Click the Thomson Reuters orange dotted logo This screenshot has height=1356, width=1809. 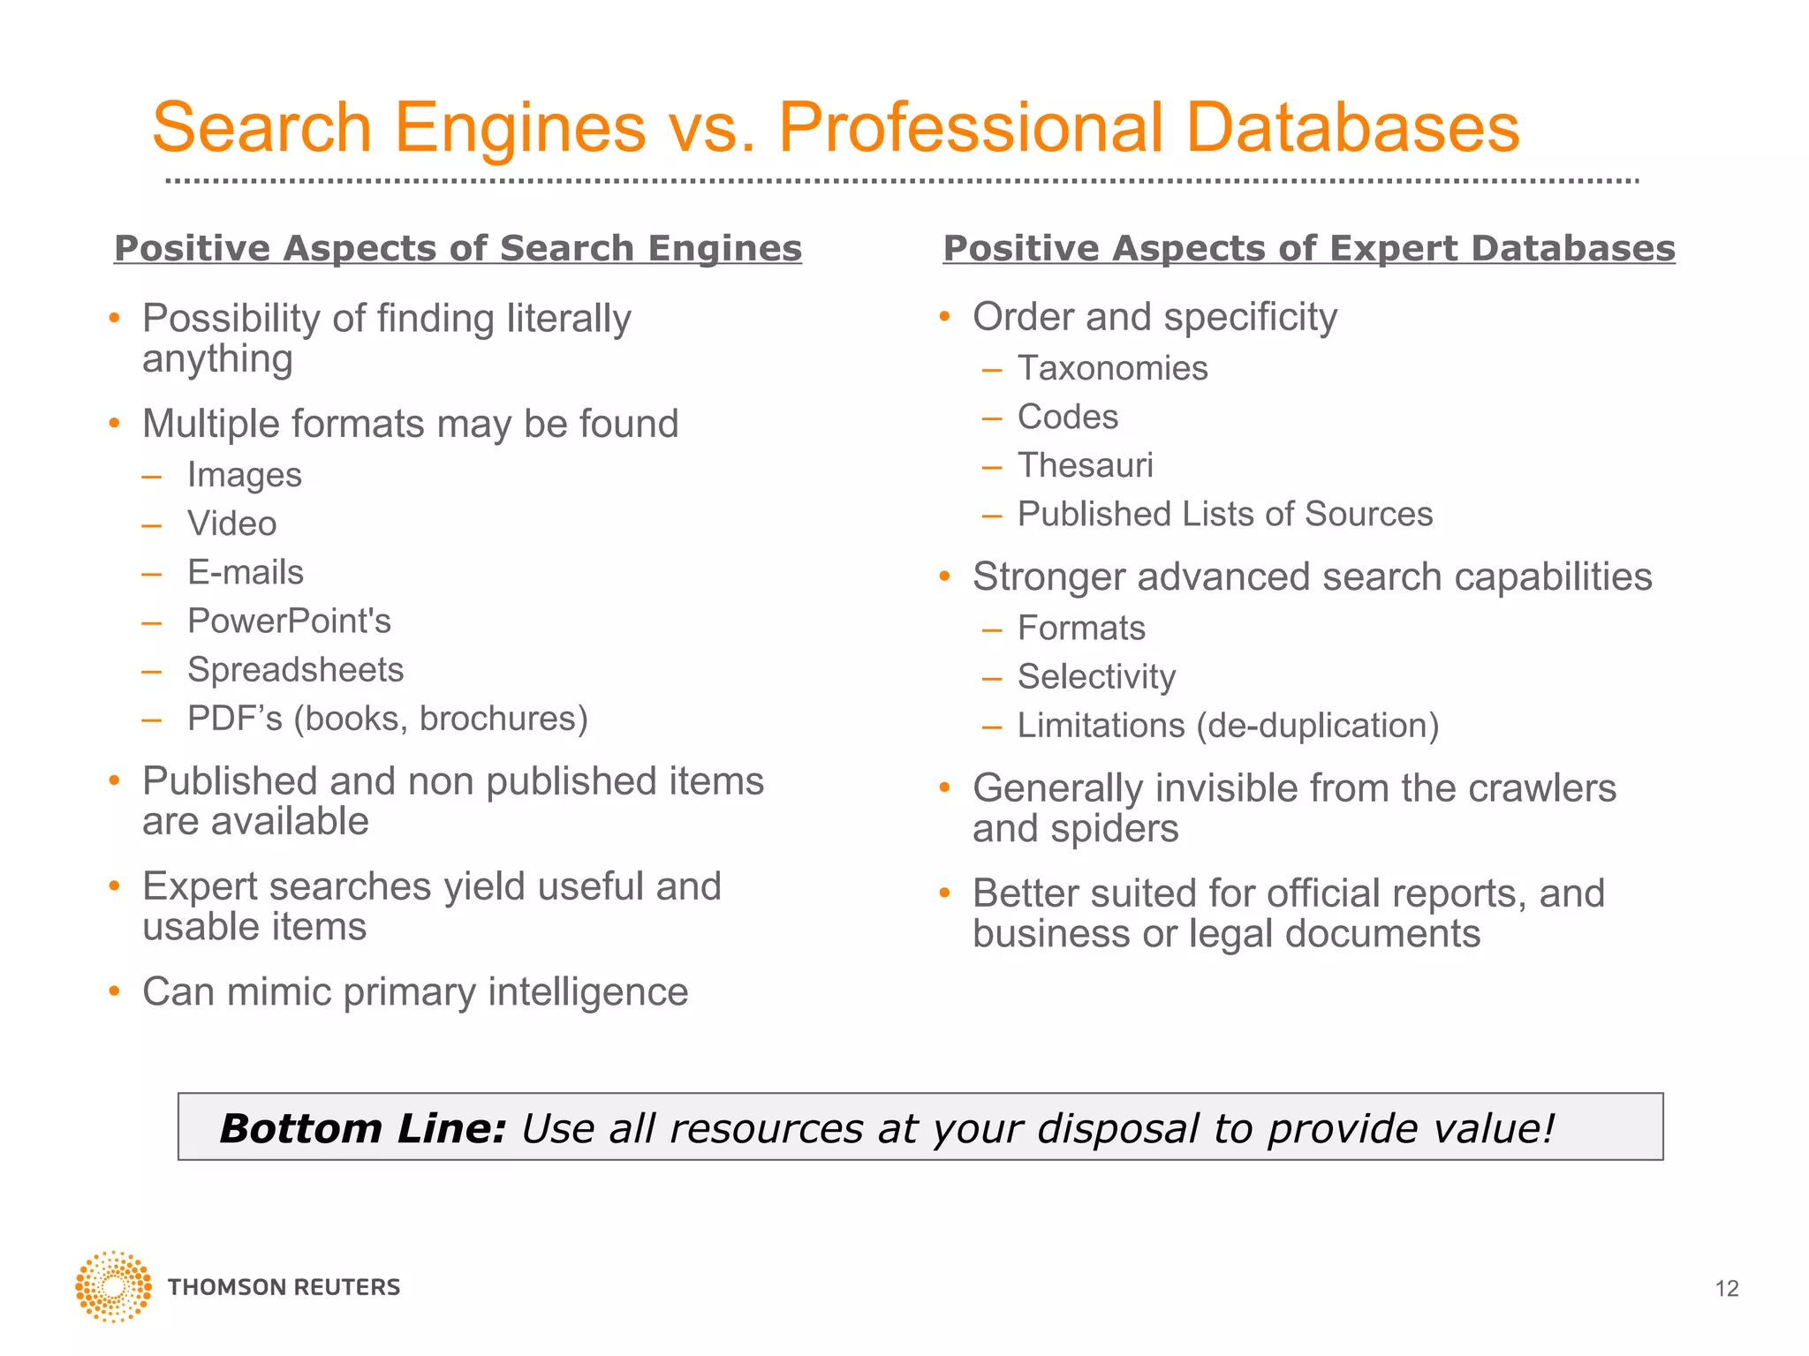[x=113, y=1286]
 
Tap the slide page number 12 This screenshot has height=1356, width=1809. [x=1726, y=1289]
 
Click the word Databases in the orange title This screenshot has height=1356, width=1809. [x=1351, y=128]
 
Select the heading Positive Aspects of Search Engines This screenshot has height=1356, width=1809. [x=458, y=248]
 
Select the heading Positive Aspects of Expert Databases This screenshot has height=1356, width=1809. [x=1308, y=248]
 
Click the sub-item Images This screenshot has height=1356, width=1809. [x=245, y=476]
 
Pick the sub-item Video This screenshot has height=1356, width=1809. [x=232, y=524]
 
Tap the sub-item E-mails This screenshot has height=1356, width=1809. [x=246, y=573]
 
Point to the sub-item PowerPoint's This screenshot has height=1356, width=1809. [x=289, y=621]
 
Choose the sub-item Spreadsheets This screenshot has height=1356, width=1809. [x=295, y=670]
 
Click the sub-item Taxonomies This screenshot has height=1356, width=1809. [x=1112, y=368]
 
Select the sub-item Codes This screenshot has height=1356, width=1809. [x=1067, y=417]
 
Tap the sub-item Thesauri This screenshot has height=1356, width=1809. [x=1085, y=465]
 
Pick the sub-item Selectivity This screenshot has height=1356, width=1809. [x=1096, y=677]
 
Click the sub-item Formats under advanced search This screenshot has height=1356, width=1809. [x=1081, y=629]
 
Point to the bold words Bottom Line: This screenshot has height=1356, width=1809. [x=362, y=1128]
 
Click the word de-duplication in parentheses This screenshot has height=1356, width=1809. [x=1316, y=726]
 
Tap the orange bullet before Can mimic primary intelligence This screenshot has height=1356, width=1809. [x=114, y=991]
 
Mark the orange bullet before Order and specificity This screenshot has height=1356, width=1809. [x=944, y=317]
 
